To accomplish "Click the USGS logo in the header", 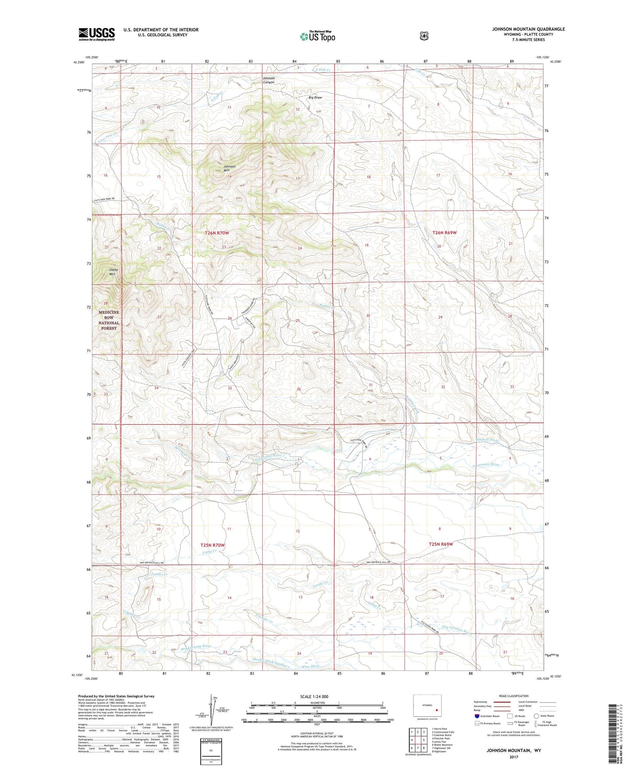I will tap(97, 34).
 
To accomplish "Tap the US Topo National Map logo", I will tap(317, 36).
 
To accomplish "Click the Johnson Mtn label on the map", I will tap(229, 168).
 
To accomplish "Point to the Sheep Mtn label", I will tap(114, 272).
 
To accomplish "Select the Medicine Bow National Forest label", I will tap(109, 320).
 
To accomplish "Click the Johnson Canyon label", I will tap(269, 80).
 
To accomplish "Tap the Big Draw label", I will tap(315, 97).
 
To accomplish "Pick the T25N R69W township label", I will tap(440, 544).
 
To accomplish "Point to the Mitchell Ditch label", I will tap(487, 441).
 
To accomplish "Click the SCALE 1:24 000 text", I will tap(314, 696).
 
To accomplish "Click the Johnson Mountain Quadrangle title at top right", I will tap(528, 29).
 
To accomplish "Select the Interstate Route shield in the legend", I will tap(477, 716).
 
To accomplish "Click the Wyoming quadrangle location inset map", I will tap(427, 707).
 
